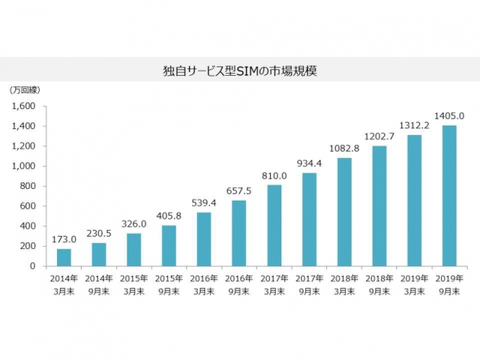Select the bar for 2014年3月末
(x=64, y=257)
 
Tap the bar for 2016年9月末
(x=238, y=233)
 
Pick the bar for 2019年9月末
(x=450, y=196)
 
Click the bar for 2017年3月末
(x=274, y=226)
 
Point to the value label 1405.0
(x=450, y=116)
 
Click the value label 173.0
(x=64, y=240)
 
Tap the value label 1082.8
(x=344, y=148)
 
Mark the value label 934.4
(x=309, y=163)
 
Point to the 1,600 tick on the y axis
(x=24, y=106)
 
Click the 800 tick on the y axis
(x=28, y=186)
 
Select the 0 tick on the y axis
(x=33, y=266)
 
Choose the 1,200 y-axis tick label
(x=24, y=146)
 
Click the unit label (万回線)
(x=25, y=90)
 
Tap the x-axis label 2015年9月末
(x=169, y=283)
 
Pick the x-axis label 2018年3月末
(x=344, y=283)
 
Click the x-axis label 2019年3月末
(x=415, y=283)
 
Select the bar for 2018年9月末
(x=379, y=206)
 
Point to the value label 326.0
(x=133, y=224)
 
